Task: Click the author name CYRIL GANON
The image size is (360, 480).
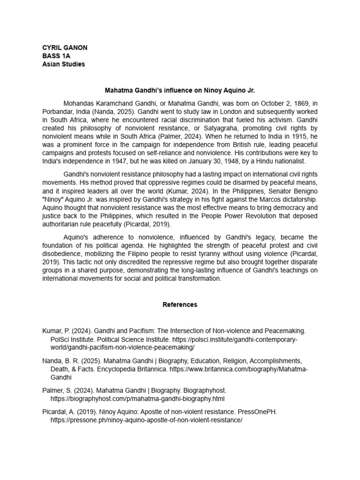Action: click(65, 48)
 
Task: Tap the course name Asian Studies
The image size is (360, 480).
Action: click(64, 64)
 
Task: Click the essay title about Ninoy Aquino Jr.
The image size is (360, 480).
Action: click(180, 90)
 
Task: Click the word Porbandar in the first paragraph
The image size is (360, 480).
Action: click(59, 112)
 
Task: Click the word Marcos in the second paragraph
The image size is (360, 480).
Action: click(269, 199)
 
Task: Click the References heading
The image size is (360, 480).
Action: click(180, 305)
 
